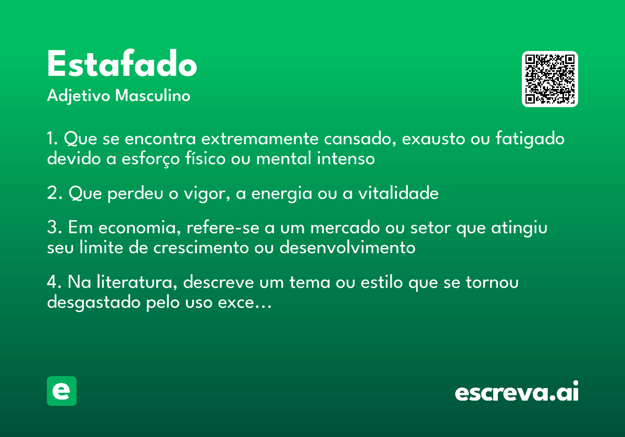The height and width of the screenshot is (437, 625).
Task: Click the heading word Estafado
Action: (122, 63)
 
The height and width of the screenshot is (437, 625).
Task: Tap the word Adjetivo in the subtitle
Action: (79, 96)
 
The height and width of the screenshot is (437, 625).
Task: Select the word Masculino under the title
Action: (153, 96)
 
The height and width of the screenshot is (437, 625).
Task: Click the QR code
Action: (549, 79)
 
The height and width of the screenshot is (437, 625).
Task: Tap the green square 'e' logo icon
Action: (61, 391)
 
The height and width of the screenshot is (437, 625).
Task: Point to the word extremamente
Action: (260, 139)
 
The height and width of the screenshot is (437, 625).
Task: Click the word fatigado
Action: (530, 138)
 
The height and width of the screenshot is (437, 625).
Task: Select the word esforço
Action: (151, 159)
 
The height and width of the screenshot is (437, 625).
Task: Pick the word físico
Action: (205, 158)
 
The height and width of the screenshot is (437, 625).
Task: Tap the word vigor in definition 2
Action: (207, 193)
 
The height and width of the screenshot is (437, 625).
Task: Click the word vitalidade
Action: (398, 192)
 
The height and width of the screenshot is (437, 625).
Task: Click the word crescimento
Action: (201, 248)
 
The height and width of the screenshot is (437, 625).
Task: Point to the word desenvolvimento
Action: (347, 247)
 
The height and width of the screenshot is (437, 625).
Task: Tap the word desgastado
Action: (93, 302)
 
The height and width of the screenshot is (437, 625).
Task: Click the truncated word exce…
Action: (245, 303)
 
